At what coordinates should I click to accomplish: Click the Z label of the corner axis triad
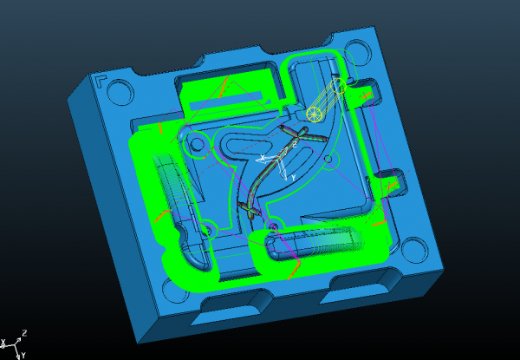point(24,333)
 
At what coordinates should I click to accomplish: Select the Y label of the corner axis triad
point(23,356)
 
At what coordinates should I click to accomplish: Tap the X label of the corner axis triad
point(3,342)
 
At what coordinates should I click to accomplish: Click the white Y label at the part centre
point(293,179)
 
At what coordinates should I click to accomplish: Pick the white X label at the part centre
point(263,157)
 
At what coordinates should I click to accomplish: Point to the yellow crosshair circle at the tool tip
point(314,115)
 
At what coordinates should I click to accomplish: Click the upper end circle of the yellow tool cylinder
point(339,86)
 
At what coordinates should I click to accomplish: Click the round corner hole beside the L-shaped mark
point(120,92)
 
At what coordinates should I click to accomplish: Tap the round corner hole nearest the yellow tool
point(357,53)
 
